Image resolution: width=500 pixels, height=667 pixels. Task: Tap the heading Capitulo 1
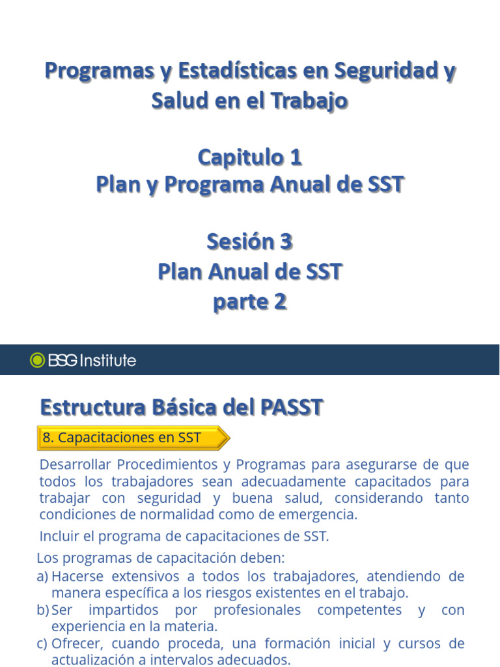tap(250, 157)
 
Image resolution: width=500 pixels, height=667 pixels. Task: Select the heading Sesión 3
tap(250, 242)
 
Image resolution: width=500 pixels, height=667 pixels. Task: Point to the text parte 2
tap(250, 302)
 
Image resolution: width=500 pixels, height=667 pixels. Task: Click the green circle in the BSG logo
tap(38, 360)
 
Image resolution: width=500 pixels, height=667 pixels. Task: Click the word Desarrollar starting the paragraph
tap(75, 465)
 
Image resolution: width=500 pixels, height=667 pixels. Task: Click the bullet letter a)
tap(43, 576)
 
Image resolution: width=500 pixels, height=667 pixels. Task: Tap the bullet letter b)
tap(43, 610)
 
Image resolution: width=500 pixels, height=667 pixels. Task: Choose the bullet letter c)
tap(43, 644)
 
